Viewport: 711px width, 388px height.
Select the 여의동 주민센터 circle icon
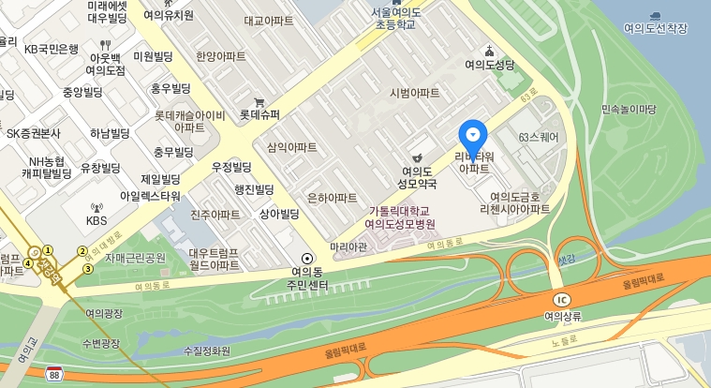point(306,258)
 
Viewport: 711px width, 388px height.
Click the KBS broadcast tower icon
point(96,207)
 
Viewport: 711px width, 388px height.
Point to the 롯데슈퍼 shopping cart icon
point(259,102)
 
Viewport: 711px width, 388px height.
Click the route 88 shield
point(55,372)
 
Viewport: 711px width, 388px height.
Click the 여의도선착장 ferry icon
point(655,16)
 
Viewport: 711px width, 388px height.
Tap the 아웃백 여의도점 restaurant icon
point(106,43)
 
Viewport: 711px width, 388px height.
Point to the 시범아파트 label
point(414,93)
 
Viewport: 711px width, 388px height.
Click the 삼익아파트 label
point(291,147)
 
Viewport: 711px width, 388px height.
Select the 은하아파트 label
point(332,198)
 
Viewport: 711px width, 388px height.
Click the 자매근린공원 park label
point(135,258)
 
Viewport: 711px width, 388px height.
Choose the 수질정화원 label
point(207,351)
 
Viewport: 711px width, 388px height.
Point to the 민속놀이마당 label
point(629,110)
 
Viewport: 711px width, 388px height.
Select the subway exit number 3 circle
point(88,270)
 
